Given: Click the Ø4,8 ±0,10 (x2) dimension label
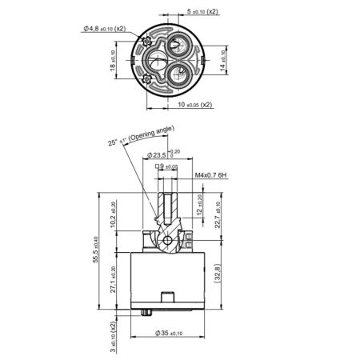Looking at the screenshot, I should click(104, 29).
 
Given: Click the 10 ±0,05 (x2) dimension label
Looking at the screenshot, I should click(195, 104).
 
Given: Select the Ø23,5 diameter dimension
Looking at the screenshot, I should click(165, 154).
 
